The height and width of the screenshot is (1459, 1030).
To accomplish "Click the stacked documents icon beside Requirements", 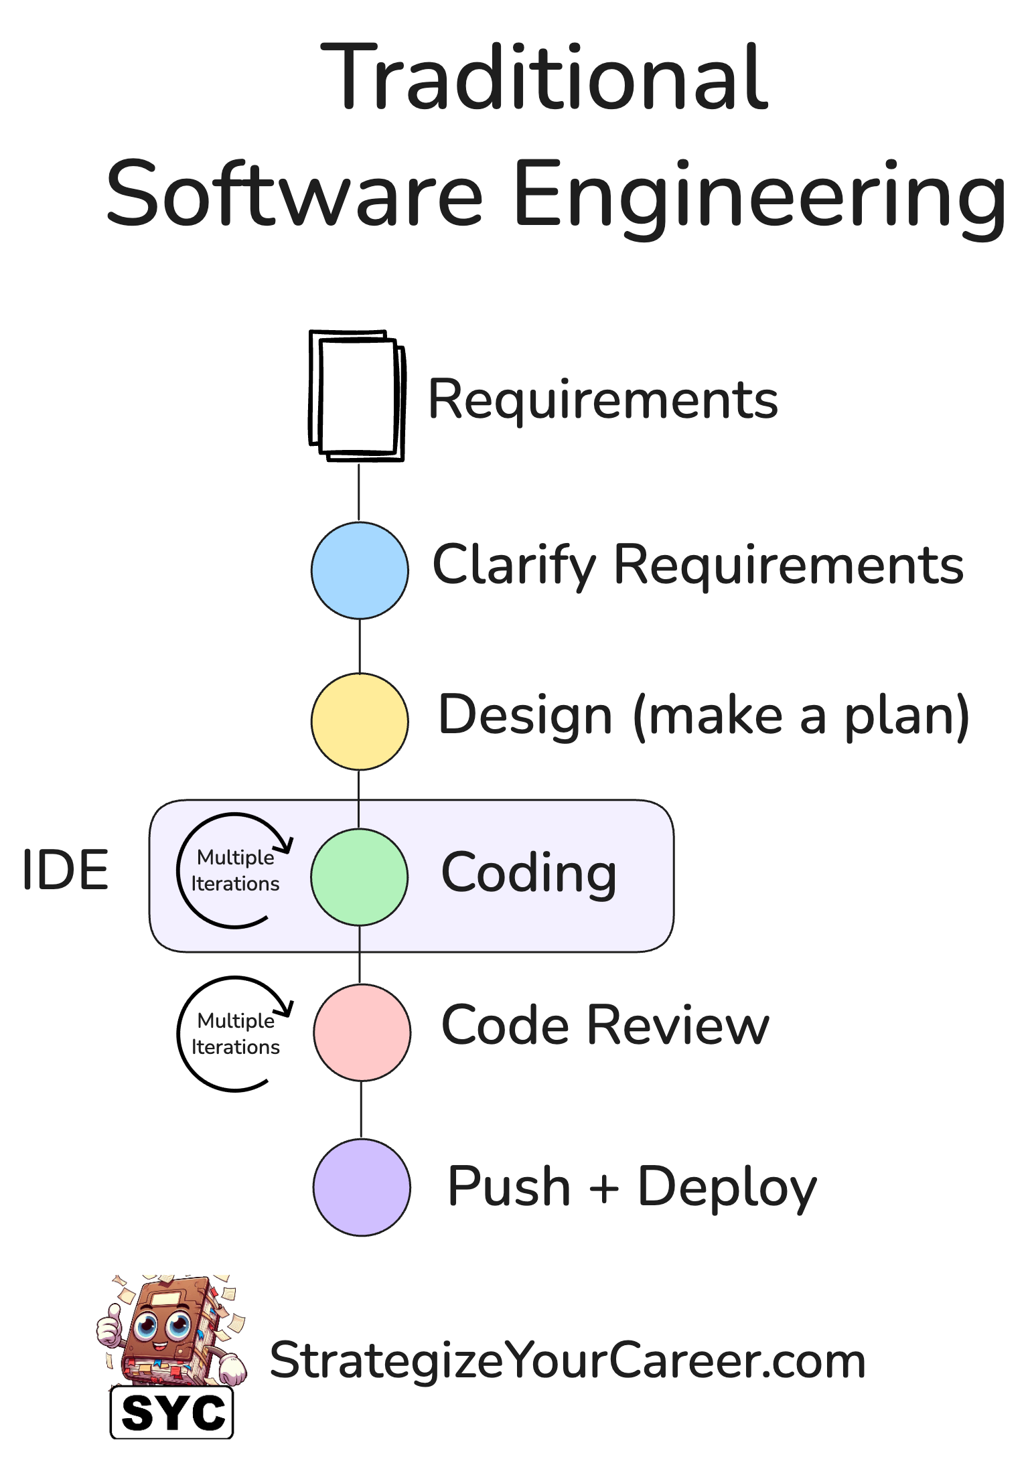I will (x=357, y=396).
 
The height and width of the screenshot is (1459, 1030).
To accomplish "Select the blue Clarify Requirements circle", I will (x=360, y=570).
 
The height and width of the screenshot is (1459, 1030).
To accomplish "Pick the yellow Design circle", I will (x=360, y=721).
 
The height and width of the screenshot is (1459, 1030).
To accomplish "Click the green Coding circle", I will (x=360, y=877).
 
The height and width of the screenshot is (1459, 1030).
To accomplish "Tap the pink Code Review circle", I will (x=362, y=1032).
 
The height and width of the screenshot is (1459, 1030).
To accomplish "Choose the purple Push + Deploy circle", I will (x=362, y=1187).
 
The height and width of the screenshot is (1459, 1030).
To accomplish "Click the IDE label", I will (x=65, y=870).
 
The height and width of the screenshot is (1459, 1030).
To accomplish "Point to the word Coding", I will (x=529, y=873).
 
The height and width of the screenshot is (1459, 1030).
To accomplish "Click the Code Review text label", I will (x=605, y=1025).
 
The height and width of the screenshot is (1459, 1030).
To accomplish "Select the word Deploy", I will (x=727, y=1187).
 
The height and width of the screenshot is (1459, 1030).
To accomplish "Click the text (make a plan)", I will (x=801, y=716).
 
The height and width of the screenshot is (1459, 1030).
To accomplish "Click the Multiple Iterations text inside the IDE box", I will (x=235, y=870).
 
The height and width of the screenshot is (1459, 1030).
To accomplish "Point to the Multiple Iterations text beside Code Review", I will (x=235, y=1034).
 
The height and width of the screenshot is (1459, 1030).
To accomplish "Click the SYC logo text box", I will (x=172, y=1413).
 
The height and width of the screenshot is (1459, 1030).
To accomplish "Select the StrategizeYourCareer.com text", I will (x=567, y=1361).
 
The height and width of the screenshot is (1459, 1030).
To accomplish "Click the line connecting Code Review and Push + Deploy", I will (x=362, y=1109).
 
